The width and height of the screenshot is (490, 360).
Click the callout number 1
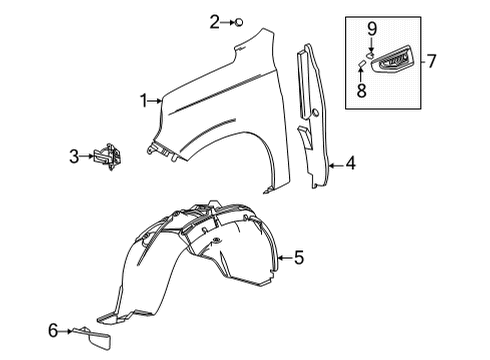(145, 99)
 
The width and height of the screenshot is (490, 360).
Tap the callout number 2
(214, 21)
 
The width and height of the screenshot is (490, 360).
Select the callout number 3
(74, 155)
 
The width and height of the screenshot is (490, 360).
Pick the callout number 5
(298, 258)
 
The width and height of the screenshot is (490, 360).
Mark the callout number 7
(432, 62)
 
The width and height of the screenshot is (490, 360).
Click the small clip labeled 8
(361, 69)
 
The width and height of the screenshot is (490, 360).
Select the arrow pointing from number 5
(283, 258)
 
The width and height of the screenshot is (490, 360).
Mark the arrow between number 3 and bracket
(88, 155)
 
